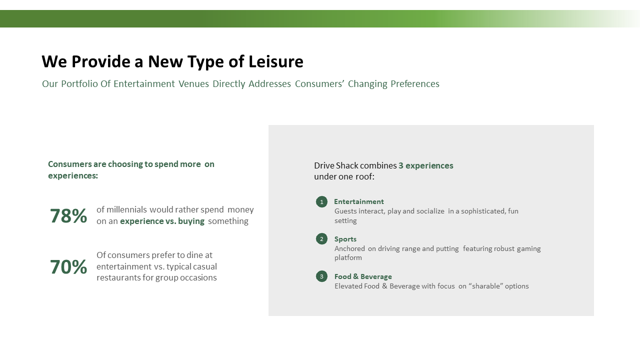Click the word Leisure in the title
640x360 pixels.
(275, 61)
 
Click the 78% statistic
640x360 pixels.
(68, 215)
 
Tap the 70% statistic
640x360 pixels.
(68, 267)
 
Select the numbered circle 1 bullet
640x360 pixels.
(321, 202)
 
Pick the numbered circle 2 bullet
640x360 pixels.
(321, 239)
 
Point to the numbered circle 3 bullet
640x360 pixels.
(321, 276)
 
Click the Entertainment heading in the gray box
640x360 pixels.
(359, 201)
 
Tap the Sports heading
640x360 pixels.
(345, 239)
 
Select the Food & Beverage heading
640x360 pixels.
(363, 276)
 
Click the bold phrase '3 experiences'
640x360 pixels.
(425, 165)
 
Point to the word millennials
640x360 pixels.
(126, 209)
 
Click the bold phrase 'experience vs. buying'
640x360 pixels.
(162, 221)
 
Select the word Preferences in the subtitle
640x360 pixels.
(415, 83)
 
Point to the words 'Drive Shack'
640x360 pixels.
(336, 165)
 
